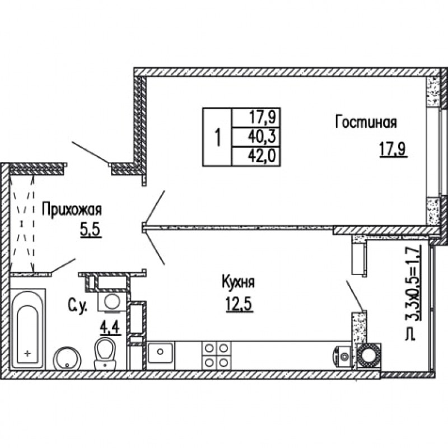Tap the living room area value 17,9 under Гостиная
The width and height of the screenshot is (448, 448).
[x=393, y=150]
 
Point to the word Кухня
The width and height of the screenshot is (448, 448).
[x=239, y=283]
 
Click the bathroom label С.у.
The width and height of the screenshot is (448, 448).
[x=78, y=306]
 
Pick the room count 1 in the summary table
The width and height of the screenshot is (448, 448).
[x=218, y=137]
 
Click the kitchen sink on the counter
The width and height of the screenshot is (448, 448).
[x=160, y=353]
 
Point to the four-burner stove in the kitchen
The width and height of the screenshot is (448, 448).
[x=217, y=356]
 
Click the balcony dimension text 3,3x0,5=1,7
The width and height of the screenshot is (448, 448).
[x=412, y=292]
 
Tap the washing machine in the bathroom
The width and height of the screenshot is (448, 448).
[x=111, y=301]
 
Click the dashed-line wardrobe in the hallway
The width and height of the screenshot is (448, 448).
[x=22, y=223]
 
